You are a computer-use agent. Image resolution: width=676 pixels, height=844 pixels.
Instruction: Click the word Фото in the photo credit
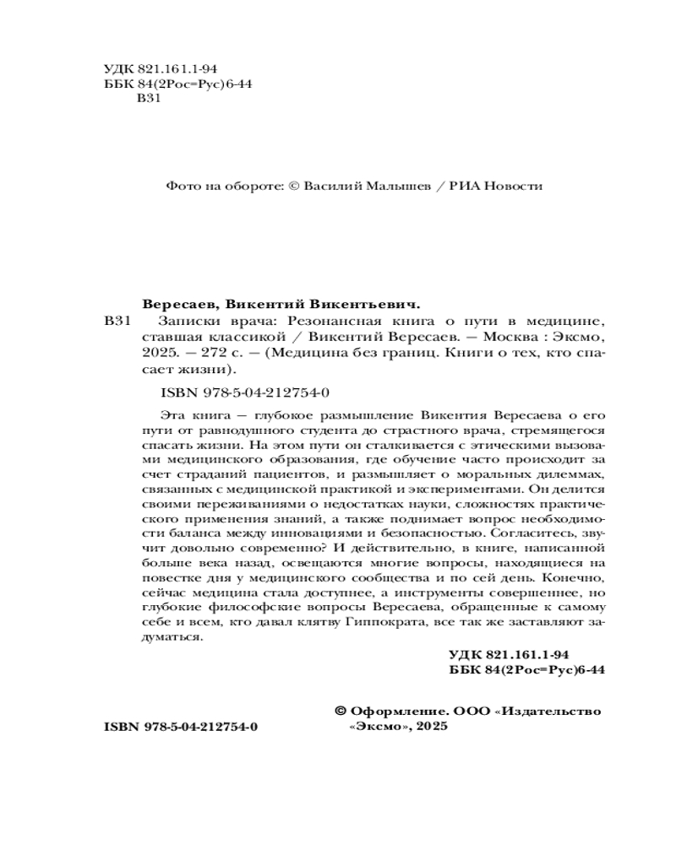181,187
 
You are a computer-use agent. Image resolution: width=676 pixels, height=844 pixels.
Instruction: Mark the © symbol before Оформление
341,711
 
